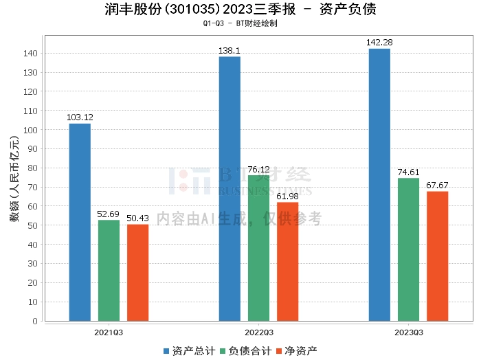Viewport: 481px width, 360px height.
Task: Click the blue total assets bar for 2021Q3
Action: tap(80, 222)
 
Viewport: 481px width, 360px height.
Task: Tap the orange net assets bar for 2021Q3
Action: tap(137, 272)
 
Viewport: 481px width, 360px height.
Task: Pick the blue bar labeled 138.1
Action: tap(230, 188)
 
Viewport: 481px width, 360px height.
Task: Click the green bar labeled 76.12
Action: tap(258, 248)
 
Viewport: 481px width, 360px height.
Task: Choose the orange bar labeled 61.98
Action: tap(287, 261)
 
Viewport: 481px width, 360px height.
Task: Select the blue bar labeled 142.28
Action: tap(379, 184)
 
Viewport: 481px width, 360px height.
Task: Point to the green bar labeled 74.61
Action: tap(408, 249)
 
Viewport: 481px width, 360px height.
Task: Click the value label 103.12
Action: tap(80, 117)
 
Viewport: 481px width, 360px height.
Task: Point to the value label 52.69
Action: tap(109, 214)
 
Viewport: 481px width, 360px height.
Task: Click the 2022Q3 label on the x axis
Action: tap(258, 332)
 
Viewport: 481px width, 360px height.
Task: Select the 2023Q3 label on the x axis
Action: tap(408, 332)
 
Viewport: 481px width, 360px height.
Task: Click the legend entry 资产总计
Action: tap(187, 351)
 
